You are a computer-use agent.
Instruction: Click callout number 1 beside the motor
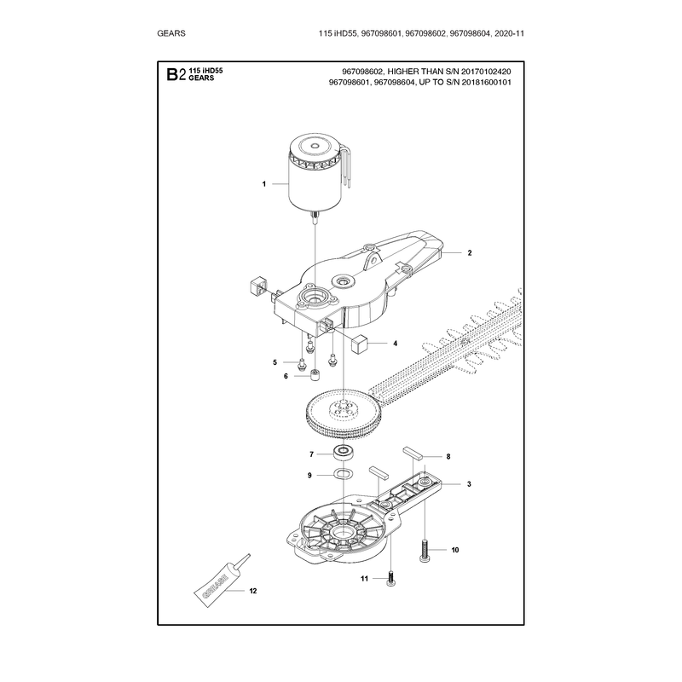coord(264,184)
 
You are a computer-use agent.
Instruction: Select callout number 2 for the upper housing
coord(470,252)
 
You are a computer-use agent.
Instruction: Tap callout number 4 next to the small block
coord(395,344)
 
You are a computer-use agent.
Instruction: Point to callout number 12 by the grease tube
coord(252,591)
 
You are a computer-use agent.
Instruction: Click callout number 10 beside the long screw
coord(455,550)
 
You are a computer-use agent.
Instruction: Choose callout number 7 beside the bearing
coord(311,454)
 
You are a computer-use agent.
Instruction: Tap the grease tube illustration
coord(222,581)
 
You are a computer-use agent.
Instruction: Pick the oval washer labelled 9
coord(344,474)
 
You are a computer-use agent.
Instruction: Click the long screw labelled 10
coord(425,550)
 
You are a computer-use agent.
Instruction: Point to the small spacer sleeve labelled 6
coord(315,375)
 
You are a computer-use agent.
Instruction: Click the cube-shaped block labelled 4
coord(360,343)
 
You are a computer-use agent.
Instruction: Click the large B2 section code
coord(176,75)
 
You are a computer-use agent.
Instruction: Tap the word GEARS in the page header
coord(171,33)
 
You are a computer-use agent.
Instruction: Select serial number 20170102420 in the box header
coord(484,72)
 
